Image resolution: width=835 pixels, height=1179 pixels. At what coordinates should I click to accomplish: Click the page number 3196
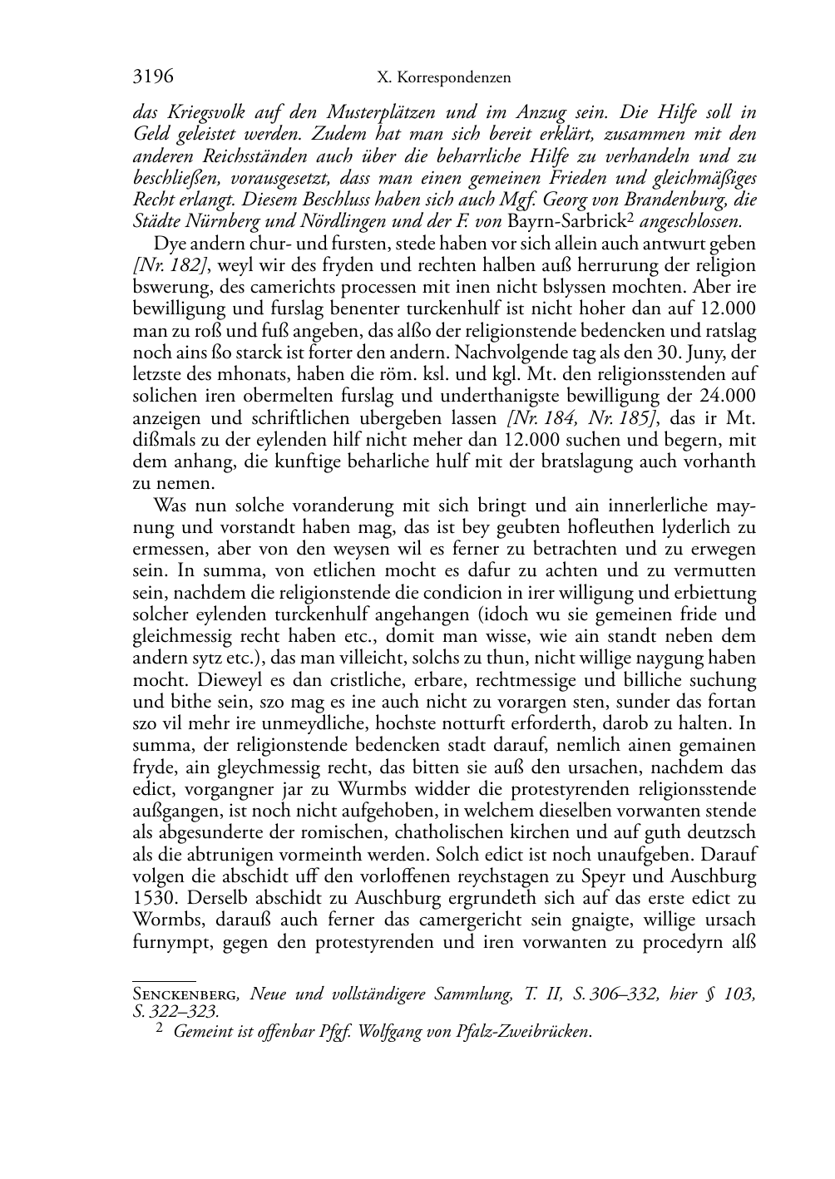coord(153,77)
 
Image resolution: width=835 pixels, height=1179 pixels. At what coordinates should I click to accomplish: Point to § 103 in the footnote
coord(729,994)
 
